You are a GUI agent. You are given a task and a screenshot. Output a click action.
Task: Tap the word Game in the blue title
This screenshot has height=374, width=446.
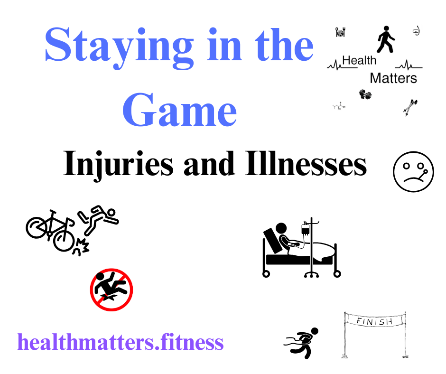click(179, 110)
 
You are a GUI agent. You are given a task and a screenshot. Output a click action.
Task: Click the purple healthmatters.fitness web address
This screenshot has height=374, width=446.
click(121, 342)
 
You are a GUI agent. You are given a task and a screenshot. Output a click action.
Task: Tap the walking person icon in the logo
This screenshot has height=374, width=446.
click(386, 39)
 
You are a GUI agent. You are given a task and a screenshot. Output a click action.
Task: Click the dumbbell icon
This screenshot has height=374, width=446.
click(365, 94)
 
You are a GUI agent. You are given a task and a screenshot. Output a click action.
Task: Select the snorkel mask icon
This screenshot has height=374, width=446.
click(417, 31)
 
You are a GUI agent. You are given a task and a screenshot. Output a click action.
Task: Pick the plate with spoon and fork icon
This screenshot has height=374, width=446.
click(340, 32)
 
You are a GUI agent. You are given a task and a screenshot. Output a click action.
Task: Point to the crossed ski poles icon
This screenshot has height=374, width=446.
click(410, 107)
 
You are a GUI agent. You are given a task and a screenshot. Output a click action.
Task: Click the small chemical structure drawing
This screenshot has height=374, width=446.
click(339, 106)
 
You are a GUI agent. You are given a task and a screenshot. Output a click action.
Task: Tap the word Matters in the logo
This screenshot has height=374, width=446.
click(393, 78)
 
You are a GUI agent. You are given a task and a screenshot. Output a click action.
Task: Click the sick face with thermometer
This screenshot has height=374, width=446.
click(413, 172)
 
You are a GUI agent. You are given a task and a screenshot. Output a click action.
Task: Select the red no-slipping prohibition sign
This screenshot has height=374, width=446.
click(111, 290)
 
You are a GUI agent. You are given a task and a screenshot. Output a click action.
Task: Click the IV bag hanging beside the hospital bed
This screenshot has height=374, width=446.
click(306, 229)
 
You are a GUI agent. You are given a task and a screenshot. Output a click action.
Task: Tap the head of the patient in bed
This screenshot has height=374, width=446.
click(281, 228)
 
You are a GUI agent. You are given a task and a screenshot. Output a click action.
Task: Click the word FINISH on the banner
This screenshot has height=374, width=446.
click(374, 322)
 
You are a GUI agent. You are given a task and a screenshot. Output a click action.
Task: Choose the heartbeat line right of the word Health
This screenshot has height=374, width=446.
click(409, 65)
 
